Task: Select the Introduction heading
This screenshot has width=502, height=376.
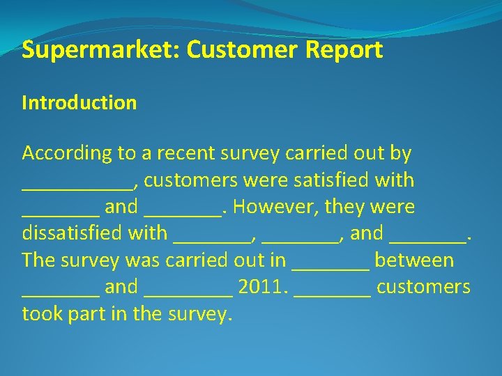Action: [79, 103]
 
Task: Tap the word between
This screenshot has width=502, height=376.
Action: [414, 260]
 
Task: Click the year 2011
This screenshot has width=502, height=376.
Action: [261, 287]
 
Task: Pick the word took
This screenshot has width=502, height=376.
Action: [41, 313]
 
